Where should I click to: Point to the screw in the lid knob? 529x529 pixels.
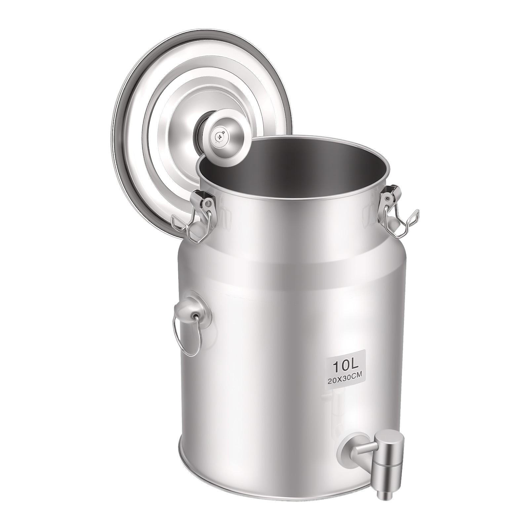pyautogui.click(x=219, y=136)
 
